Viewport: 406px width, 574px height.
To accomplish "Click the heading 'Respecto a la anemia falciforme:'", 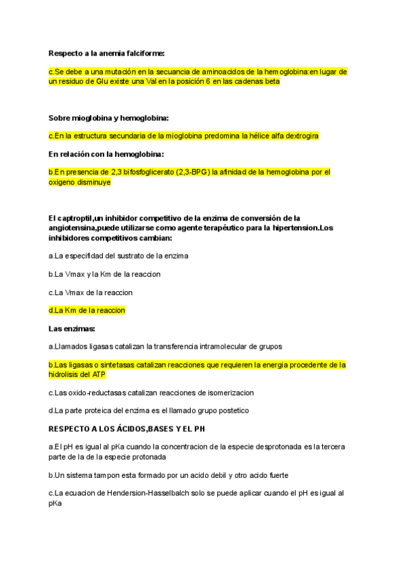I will coord(107,53).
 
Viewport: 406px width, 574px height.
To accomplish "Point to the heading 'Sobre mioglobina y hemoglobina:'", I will coord(108,118).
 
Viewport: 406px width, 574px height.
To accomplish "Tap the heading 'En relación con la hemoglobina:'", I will coord(106,154).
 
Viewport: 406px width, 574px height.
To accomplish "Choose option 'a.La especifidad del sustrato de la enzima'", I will coord(118,256).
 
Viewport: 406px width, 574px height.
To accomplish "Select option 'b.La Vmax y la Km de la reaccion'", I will coord(104,274).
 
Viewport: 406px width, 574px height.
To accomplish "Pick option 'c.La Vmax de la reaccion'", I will coord(91,292).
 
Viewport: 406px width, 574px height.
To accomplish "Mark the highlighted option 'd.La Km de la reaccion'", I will coord(87,310).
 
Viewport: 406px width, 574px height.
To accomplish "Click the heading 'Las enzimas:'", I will coord(72,328).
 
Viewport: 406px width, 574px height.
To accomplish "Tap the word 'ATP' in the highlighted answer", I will coord(98,374).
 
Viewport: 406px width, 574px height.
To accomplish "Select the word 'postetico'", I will coord(228,410).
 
